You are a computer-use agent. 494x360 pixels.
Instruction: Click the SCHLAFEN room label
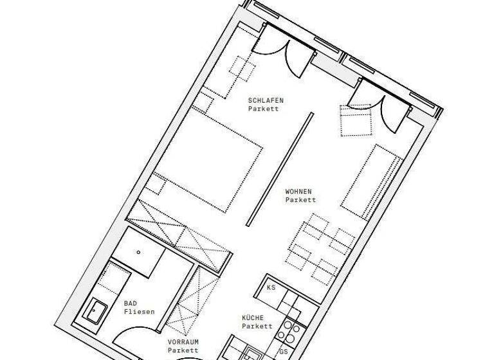coord(266,101)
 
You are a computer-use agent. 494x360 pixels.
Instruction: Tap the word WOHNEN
coord(299,192)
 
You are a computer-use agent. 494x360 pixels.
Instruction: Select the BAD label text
coord(131,303)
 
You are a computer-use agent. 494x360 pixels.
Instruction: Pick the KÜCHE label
coord(253,318)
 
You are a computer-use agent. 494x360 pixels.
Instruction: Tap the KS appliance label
coord(271,287)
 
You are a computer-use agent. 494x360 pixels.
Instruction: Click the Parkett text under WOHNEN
coord(300,200)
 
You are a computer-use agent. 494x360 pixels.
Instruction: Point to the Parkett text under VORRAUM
coord(181,351)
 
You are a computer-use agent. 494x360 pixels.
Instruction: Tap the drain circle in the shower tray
coord(138,253)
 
